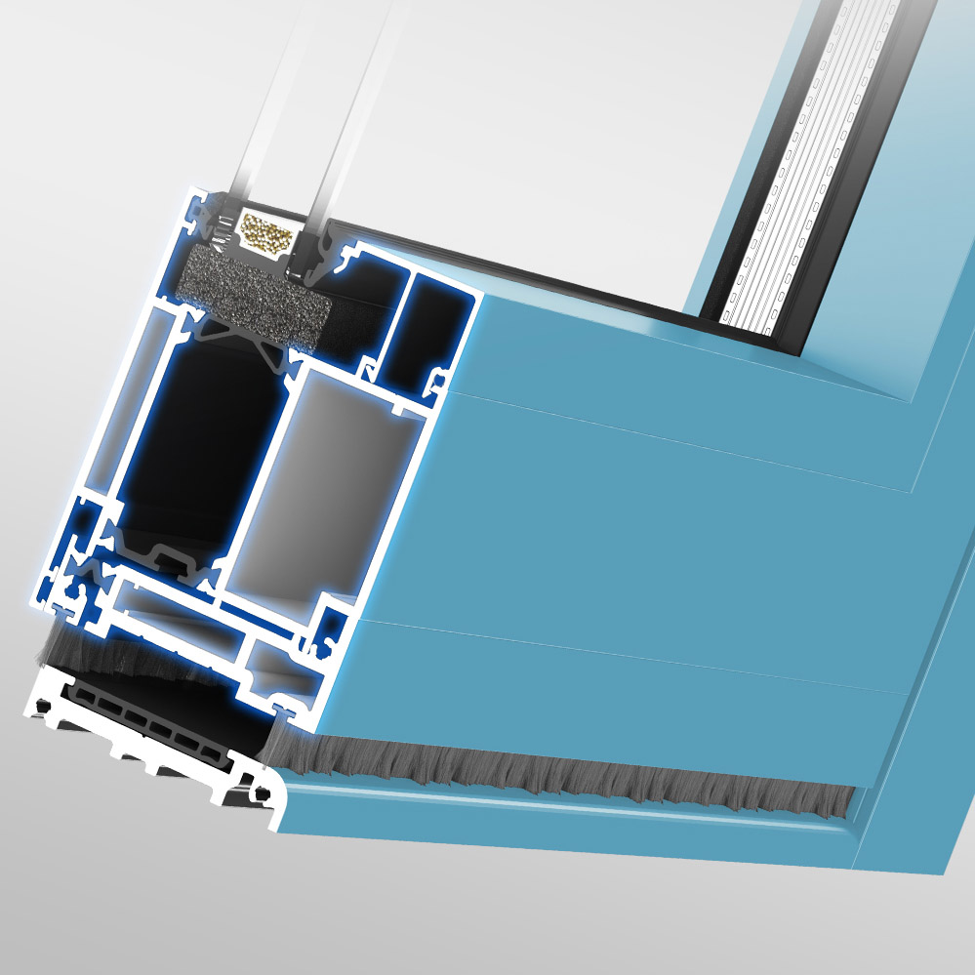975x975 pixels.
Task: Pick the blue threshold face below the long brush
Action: click(x=566, y=825)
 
